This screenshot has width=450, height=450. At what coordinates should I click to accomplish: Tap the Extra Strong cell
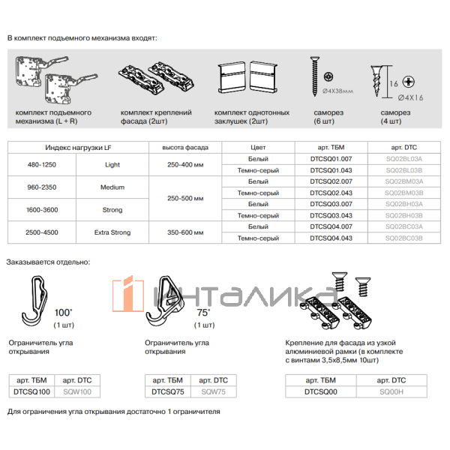tap(112, 232)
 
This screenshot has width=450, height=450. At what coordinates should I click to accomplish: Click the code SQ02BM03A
tap(404, 181)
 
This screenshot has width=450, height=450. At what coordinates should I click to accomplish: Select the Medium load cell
tap(112, 187)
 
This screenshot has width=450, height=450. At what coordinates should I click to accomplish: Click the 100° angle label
tap(64, 311)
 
